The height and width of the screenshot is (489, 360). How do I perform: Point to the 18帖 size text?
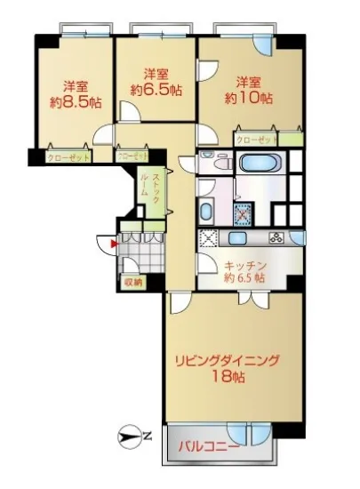pyautogui.click(x=228, y=377)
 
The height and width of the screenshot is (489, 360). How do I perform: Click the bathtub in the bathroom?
pyautogui.click(x=260, y=164)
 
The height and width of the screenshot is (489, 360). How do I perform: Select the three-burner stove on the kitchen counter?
pyautogui.click(x=275, y=238)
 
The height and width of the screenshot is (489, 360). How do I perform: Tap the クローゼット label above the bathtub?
pyautogui.click(x=255, y=140)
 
